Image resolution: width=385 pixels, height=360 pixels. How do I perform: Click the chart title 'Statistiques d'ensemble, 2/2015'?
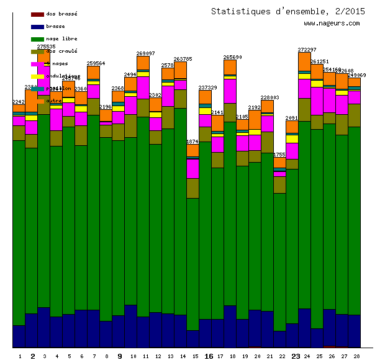coord(288,11)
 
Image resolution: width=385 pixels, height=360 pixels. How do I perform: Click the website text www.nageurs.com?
coord(332,24)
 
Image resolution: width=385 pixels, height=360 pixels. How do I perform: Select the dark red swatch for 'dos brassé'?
coord(37,14)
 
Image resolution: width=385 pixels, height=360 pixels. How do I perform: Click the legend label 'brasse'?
coord(55,27)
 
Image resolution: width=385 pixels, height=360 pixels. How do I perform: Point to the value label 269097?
coord(145,53)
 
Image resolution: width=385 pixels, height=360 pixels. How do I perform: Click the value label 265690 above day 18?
coord(232,57)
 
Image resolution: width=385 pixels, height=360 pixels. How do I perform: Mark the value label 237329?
coord(207,88)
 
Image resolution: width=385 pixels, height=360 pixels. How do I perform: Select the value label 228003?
coord(269,97)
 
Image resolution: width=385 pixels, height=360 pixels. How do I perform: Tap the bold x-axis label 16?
coord(209,356)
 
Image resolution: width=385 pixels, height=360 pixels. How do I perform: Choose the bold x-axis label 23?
coord(296,356)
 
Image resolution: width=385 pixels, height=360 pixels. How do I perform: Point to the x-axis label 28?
coord(356,356)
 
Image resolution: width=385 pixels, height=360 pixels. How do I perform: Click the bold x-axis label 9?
coord(119,356)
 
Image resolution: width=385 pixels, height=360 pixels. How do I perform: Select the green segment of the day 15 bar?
coord(193,264)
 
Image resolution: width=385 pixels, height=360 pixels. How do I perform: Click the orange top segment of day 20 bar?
coord(255,120)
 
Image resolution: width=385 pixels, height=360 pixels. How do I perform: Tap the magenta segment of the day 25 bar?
coord(317,101)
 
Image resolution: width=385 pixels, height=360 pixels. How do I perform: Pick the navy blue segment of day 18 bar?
coord(230,326)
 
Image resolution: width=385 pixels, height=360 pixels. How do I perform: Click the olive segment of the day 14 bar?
coord(181,99)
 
